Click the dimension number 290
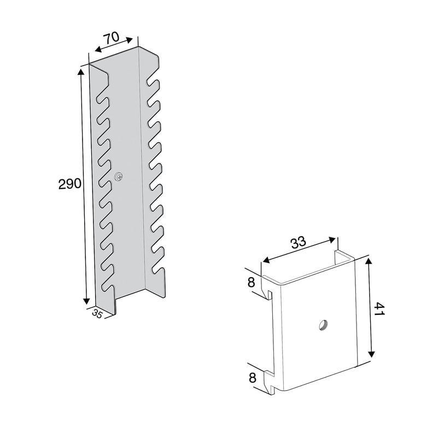click(x=69, y=184)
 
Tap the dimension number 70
click(x=112, y=37)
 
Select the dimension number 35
click(x=97, y=314)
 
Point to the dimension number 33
click(x=299, y=242)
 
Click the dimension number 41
click(x=379, y=309)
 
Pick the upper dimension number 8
click(x=252, y=283)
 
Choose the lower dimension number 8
click(x=253, y=378)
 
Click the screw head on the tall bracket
click(x=119, y=177)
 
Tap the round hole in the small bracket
click(x=323, y=325)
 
